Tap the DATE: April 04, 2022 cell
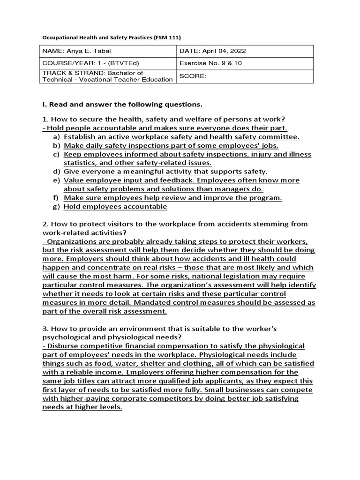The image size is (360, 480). point(245,51)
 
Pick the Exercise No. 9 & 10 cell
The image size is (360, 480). point(245,63)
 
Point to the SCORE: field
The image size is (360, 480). point(245,76)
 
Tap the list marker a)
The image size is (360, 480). point(56,137)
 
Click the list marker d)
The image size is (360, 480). point(56,172)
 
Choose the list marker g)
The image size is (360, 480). point(56,206)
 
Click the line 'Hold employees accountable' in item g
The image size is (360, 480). point(115,206)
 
